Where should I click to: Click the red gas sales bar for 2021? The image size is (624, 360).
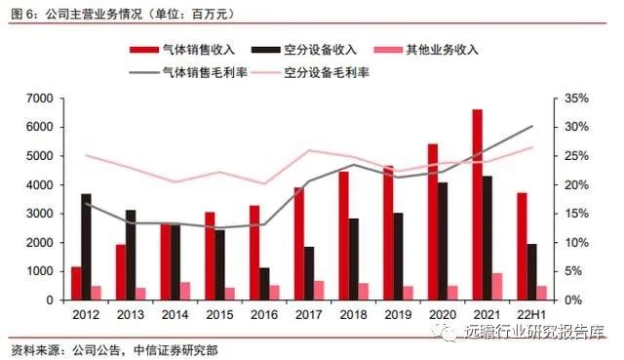coord(477,205)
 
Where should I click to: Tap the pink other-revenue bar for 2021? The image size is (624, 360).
coord(497,287)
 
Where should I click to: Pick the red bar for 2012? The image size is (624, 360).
coord(75,283)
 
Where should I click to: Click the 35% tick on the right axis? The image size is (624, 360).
coord(578,99)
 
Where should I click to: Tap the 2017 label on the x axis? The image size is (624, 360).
coord(307,313)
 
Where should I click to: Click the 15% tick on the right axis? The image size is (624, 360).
coord(578,214)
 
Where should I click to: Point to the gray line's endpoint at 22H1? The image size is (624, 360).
coord(532,126)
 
